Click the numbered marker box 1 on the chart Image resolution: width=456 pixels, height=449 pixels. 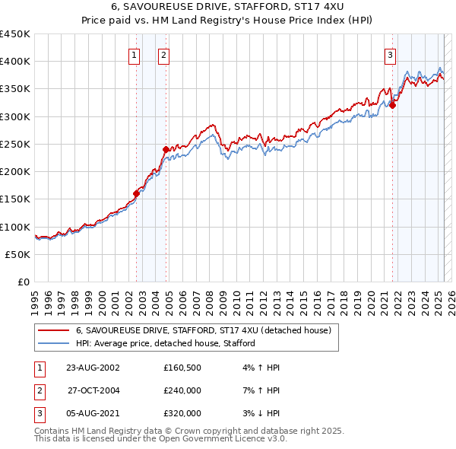(x=134, y=54)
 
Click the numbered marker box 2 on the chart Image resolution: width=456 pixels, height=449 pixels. (x=163, y=54)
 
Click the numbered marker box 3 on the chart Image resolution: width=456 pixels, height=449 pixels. (x=390, y=54)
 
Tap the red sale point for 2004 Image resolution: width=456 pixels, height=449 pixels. (x=166, y=149)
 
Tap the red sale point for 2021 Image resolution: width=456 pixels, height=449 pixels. (x=393, y=106)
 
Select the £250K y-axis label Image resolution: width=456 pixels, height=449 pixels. (x=15, y=144)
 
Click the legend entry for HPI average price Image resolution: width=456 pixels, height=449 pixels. (x=165, y=343)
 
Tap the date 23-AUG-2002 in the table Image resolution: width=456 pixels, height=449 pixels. (x=93, y=368)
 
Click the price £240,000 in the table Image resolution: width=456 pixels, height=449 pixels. (x=182, y=390)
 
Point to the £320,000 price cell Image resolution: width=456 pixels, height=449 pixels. (x=182, y=413)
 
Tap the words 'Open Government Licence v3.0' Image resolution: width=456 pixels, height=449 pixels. (x=222, y=439)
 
